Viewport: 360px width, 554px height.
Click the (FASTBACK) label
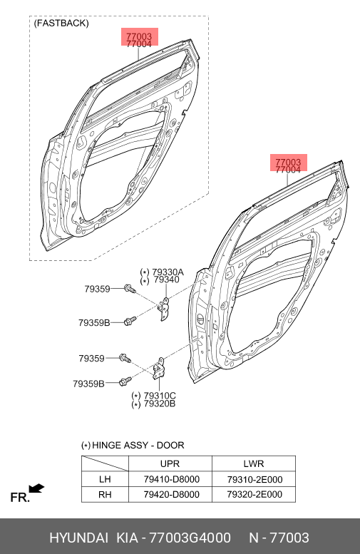click(x=61, y=24)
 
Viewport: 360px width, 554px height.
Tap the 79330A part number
click(x=168, y=272)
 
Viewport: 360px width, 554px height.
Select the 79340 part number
click(x=167, y=279)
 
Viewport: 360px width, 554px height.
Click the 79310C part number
click(x=160, y=396)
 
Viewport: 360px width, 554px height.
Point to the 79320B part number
click(x=160, y=404)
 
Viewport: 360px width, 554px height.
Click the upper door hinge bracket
click(x=163, y=309)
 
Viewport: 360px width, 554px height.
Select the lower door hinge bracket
click(x=159, y=369)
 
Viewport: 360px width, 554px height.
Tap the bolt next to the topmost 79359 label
click(x=129, y=289)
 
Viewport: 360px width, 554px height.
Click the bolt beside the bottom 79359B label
click(x=125, y=381)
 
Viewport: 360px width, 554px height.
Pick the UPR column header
click(x=170, y=463)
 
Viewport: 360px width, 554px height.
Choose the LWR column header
click(x=254, y=463)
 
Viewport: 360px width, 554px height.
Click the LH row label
click(x=105, y=479)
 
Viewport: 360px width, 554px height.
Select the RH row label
click(x=105, y=494)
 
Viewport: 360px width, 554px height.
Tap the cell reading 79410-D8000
click(x=171, y=479)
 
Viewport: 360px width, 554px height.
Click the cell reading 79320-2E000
click(x=254, y=494)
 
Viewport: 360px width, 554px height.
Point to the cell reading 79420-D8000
click(x=171, y=494)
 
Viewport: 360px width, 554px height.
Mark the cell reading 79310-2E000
click(x=254, y=479)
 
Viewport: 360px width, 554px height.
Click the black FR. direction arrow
click(x=36, y=488)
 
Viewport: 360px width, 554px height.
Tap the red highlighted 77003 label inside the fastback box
click(x=139, y=36)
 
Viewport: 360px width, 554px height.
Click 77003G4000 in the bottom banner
click(x=190, y=538)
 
